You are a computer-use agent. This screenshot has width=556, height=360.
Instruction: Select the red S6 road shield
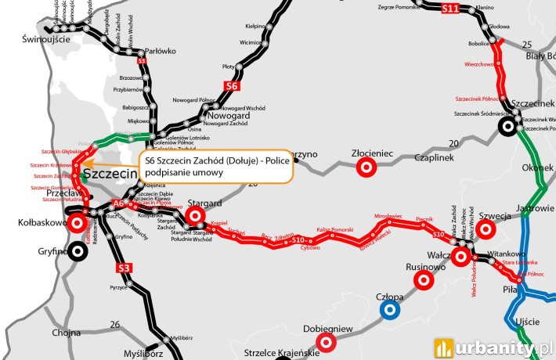(x=231, y=86)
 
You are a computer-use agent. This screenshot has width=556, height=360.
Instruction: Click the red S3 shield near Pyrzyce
(x=123, y=268)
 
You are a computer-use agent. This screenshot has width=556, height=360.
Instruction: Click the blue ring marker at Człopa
(x=389, y=310)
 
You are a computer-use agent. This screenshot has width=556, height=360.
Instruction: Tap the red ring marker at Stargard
(x=194, y=215)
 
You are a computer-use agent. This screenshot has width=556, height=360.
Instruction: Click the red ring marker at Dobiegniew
(x=327, y=342)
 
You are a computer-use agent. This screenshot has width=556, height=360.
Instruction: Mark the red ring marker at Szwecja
(x=486, y=229)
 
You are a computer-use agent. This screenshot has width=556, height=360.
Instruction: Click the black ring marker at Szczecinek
(x=508, y=124)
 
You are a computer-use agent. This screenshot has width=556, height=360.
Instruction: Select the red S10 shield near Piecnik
(x=438, y=234)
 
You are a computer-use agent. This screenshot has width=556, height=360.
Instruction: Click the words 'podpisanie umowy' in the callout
(x=182, y=172)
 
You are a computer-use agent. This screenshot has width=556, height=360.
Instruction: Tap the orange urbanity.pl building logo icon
(x=445, y=345)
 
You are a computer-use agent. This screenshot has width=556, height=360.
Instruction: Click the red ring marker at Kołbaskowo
(x=78, y=223)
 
